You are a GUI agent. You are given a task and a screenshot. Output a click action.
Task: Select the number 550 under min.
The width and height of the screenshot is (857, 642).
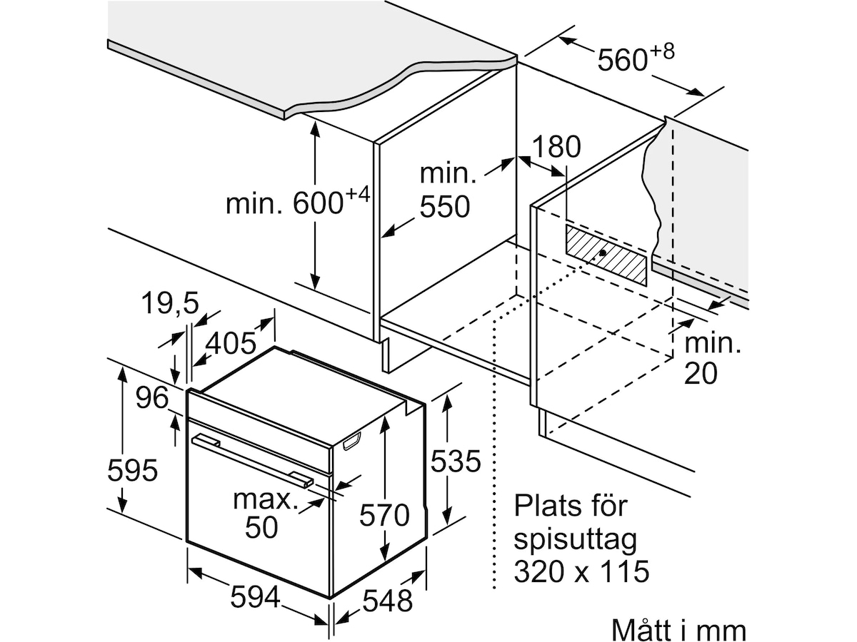(x=445, y=206)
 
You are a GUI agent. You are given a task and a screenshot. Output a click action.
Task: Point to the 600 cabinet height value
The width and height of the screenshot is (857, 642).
(x=318, y=203)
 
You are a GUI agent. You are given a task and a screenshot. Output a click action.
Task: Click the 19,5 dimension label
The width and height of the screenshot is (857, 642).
(x=170, y=303)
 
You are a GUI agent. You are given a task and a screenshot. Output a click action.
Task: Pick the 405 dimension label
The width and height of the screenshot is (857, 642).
(x=231, y=343)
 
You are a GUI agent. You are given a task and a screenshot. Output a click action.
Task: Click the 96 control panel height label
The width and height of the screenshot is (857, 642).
(x=152, y=397)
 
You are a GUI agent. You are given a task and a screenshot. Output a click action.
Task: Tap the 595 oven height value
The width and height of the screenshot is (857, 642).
(x=132, y=470)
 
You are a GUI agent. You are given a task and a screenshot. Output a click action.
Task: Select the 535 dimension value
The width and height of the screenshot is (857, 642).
(x=455, y=461)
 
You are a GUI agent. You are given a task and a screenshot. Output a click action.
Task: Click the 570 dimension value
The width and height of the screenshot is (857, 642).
(x=384, y=515)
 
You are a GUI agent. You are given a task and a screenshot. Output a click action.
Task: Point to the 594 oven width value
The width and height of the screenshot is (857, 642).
(x=256, y=597)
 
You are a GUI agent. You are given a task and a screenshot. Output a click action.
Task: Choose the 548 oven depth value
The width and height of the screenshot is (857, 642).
(x=387, y=601)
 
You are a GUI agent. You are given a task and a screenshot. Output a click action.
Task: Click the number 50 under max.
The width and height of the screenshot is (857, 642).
(x=261, y=527)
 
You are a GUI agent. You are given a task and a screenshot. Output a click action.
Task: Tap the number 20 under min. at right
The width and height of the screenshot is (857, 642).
(x=701, y=373)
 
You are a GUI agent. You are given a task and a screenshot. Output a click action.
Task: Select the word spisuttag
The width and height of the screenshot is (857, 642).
(x=575, y=541)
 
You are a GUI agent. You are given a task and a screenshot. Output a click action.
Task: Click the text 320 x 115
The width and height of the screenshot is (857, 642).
(x=581, y=571)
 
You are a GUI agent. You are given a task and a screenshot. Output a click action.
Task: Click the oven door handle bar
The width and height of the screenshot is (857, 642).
(x=252, y=460)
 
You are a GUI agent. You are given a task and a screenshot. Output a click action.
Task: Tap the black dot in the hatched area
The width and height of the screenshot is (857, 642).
(x=603, y=253)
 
